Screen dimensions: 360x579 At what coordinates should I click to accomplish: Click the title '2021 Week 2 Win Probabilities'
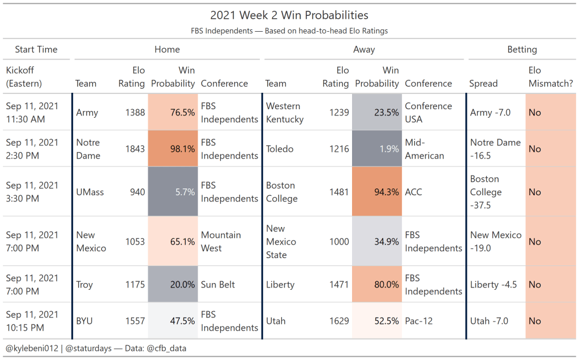[x=289, y=15]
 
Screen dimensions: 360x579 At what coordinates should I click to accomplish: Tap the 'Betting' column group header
[x=522, y=50]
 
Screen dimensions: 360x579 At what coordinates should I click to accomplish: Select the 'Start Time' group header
[x=36, y=50]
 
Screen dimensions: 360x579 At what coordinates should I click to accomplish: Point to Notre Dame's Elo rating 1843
[x=135, y=149]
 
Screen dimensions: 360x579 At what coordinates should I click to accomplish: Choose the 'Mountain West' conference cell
[x=221, y=242]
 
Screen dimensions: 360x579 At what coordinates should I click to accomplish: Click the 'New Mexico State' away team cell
[x=281, y=242]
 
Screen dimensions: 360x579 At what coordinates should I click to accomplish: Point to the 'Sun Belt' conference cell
[x=218, y=285]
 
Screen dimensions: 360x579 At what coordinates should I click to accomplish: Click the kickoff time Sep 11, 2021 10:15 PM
[x=32, y=321]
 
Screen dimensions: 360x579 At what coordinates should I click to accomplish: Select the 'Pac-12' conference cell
[x=419, y=321]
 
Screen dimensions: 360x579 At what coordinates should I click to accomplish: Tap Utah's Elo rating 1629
[x=339, y=321]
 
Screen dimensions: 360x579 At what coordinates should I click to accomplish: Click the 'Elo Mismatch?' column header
[x=551, y=77]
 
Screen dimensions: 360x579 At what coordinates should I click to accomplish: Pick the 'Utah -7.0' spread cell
[x=489, y=321]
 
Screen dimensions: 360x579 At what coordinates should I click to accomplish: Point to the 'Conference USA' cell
[x=428, y=113]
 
